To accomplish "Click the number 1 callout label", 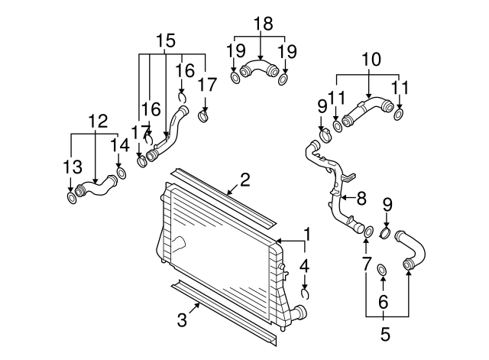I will (307, 233).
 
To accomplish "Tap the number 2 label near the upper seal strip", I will (244, 180).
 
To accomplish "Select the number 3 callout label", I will (182, 321).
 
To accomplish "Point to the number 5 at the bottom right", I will (385, 333).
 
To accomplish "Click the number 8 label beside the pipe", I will (361, 197).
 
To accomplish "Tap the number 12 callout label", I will (97, 121).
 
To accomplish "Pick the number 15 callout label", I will (166, 39).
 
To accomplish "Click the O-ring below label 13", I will (72, 199).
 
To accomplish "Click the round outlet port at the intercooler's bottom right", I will (300, 313).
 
